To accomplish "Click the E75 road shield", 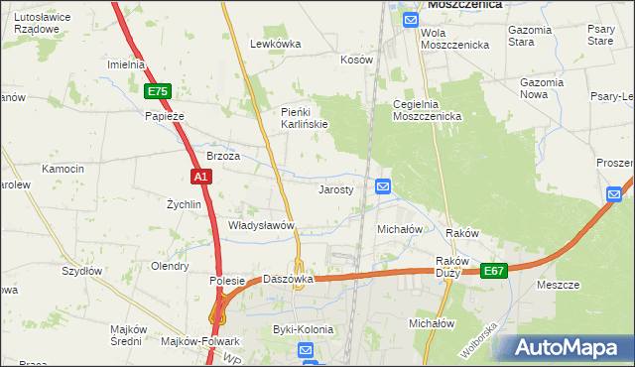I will point(158,91).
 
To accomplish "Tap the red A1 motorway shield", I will point(200,177).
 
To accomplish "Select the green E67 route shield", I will point(495,270).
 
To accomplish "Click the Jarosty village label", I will point(335,189).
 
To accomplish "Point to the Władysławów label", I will point(262,225).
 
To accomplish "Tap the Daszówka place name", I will point(288,279).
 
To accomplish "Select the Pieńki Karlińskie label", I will point(304,117).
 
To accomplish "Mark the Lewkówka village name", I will point(275,44).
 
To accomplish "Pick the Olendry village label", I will point(169,266).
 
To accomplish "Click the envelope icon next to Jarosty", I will point(383,185).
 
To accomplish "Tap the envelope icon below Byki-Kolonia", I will point(307,350).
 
